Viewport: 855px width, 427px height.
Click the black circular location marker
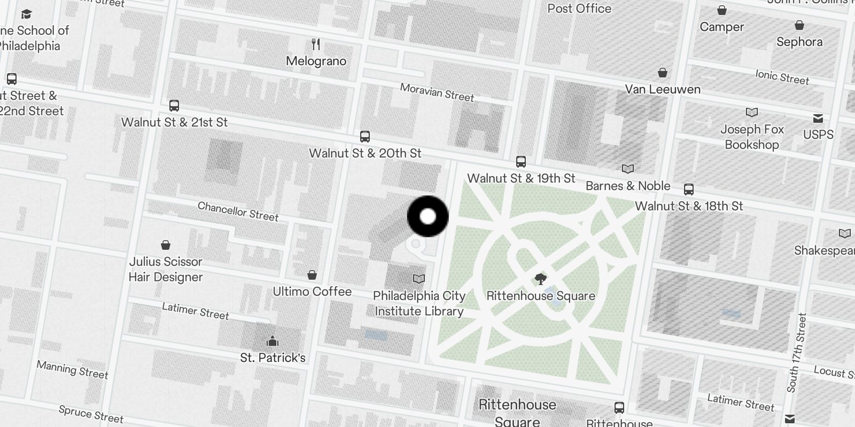428,216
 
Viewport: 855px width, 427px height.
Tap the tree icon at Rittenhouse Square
540,279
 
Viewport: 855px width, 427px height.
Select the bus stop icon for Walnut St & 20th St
365,137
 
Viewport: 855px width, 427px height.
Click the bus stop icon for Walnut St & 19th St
521,161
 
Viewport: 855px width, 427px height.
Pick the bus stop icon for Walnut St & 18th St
689,189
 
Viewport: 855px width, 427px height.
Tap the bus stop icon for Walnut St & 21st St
174,106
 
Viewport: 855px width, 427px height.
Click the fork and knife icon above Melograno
316,44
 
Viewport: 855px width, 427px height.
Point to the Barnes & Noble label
628,186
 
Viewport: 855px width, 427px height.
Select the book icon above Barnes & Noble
628,169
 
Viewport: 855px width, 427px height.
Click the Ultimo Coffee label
312,291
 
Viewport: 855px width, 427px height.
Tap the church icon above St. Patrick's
273,341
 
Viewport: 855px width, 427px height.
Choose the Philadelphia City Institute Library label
419,303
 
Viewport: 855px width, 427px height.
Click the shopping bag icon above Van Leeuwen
663,73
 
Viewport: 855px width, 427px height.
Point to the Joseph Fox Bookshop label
752,137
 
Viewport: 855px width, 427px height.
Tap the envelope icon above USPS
818,118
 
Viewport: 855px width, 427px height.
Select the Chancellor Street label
238,211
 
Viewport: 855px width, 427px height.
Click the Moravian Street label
437,92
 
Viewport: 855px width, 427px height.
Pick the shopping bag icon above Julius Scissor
166,245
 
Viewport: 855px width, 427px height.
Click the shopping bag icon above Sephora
799,25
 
